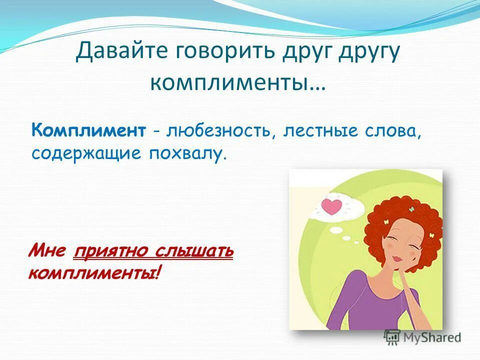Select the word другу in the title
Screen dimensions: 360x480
(368, 52)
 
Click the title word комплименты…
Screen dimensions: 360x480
(237, 82)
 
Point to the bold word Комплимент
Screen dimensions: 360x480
(88, 131)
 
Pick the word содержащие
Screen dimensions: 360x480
(85, 153)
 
